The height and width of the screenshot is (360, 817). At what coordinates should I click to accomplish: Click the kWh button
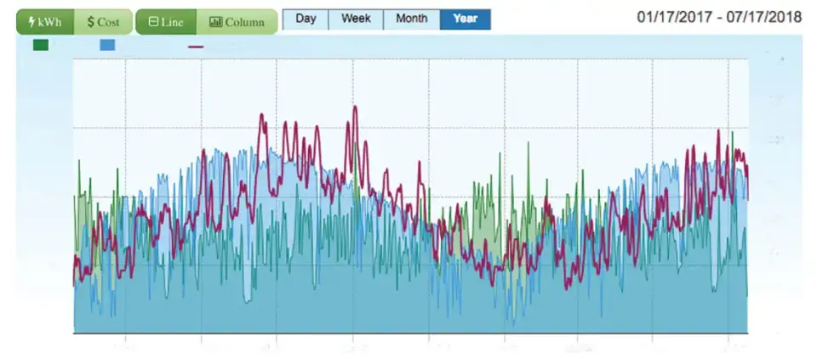click(45, 22)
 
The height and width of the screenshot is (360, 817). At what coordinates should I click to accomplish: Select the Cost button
click(103, 22)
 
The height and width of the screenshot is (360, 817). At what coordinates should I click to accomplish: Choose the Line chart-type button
click(166, 22)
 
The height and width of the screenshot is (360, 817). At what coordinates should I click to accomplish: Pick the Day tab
click(306, 19)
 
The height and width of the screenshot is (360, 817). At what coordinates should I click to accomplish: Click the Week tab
click(357, 19)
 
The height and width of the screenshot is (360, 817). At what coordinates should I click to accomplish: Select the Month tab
click(412, 19)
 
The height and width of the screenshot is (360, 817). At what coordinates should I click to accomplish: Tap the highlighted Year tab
click(466, 19)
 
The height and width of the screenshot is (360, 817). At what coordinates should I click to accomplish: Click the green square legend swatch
click(41, 45)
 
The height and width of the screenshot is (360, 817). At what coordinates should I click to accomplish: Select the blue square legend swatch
click(107, 45)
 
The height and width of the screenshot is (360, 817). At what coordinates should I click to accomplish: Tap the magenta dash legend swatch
click(196, 46)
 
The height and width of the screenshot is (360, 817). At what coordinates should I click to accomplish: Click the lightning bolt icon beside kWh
click(31, 22)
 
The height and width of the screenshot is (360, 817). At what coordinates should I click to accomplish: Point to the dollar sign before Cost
click(90, 22)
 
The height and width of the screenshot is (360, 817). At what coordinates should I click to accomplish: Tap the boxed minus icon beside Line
click(152, 22)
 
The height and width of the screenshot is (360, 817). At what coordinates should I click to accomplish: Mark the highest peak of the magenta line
click(354, 107)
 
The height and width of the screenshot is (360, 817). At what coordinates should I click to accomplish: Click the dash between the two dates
click(719, 18)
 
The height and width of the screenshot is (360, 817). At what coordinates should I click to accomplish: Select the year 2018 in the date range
click(786, 18)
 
